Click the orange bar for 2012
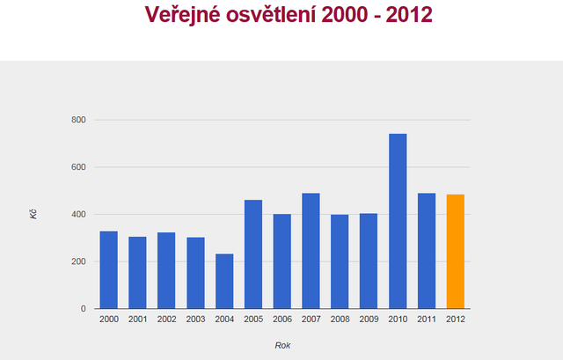point(455,252)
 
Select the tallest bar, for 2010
point(398,221)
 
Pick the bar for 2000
point(108,269)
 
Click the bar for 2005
point(253,254)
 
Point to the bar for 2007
point(311,251)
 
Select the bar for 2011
point(427,251)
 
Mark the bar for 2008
point(340,261)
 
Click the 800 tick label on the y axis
point(78,120)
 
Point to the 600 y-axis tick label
point(78,167)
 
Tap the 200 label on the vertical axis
point(78,261)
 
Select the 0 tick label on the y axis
point(83,309)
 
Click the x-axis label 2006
point(282,320)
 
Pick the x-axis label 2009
point(369,320)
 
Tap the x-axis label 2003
point(195,320)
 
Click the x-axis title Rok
point(282,345)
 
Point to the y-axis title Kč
point(33,214)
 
